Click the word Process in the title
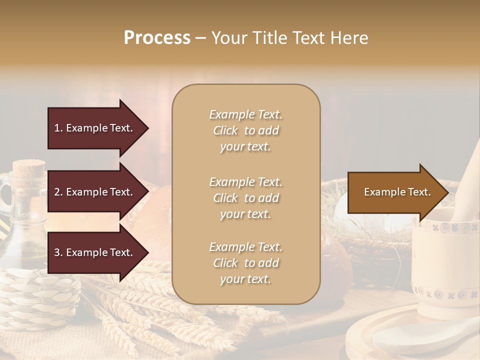coord(157,38)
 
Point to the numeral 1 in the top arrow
coord(56,128)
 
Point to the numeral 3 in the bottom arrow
coord(56,252)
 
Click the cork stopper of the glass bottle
coord(29,170)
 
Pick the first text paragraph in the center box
coord(245,130)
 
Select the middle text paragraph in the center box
coord(245,198)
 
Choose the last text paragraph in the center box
coord(245,263)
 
